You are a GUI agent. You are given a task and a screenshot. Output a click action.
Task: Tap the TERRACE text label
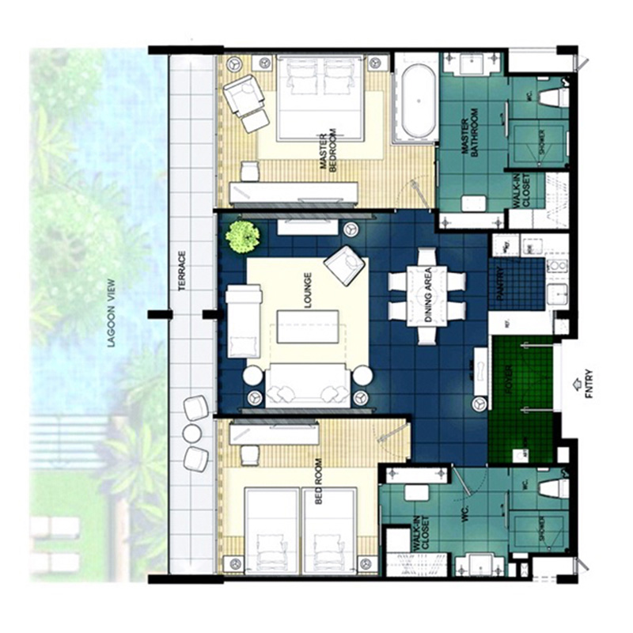click(181, 272)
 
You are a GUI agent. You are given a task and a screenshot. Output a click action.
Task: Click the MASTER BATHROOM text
click(470, 134)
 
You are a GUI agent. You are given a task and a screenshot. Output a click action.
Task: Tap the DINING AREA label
click(427, 294)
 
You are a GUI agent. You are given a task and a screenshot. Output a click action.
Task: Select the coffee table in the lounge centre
click(308, 326)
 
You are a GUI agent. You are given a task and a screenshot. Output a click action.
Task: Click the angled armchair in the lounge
click(345, 266)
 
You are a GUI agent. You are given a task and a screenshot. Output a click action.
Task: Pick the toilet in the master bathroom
click(553, 97)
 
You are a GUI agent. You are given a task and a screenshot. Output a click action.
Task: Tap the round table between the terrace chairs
click(192, 433)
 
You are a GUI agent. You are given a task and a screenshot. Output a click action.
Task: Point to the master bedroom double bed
click(321, 100)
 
